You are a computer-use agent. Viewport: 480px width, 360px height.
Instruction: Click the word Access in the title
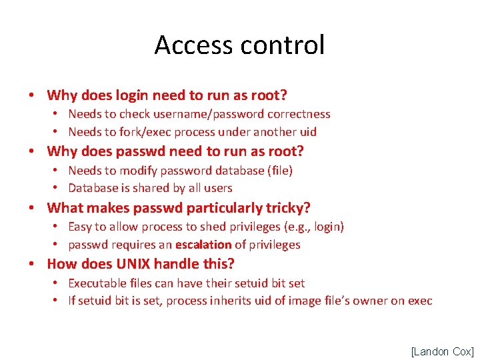click(x=194, y=45)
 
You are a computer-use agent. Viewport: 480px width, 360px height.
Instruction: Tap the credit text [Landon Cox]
click(x=442, y=351)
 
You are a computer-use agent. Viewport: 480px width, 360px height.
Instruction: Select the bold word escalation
click(x=203, y=245)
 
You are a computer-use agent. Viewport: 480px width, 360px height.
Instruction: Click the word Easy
click(x=81, y=227)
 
